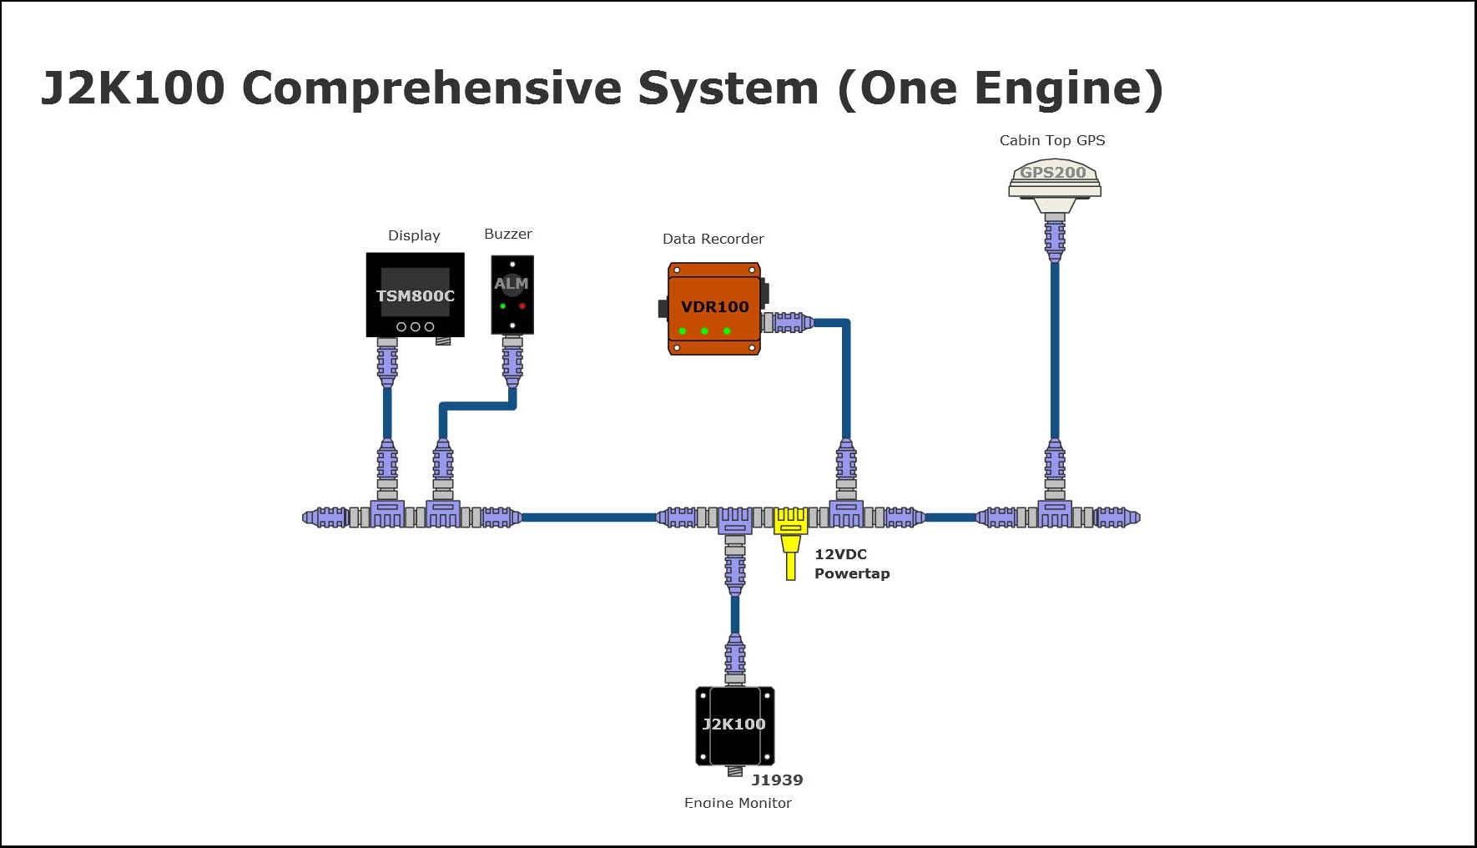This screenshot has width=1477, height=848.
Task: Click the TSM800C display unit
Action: (415, 295)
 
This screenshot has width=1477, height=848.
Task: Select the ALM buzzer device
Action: (512, 295)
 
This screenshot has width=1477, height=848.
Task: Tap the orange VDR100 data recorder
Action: (714, 308)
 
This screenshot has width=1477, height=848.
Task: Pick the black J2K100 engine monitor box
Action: (734, 724)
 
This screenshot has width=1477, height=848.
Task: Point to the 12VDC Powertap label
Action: (851, 563)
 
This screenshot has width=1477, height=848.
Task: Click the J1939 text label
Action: (777, 780)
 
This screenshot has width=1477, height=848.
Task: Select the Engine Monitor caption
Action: (738, 802)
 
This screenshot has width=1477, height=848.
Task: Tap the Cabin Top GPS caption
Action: (1051, 140)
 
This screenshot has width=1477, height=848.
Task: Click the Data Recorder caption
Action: (713, 239)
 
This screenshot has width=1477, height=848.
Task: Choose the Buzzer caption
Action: (507, 234)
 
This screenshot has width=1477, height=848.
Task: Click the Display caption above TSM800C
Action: (414, 235)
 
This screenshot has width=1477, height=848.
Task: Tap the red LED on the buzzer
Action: (522, 306)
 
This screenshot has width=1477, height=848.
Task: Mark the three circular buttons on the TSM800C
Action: (415, 326)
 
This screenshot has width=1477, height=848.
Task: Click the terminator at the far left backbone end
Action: (324, 517)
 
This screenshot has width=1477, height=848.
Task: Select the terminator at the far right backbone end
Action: (1118, 517)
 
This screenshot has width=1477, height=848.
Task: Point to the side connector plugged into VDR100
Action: (789, 322)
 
